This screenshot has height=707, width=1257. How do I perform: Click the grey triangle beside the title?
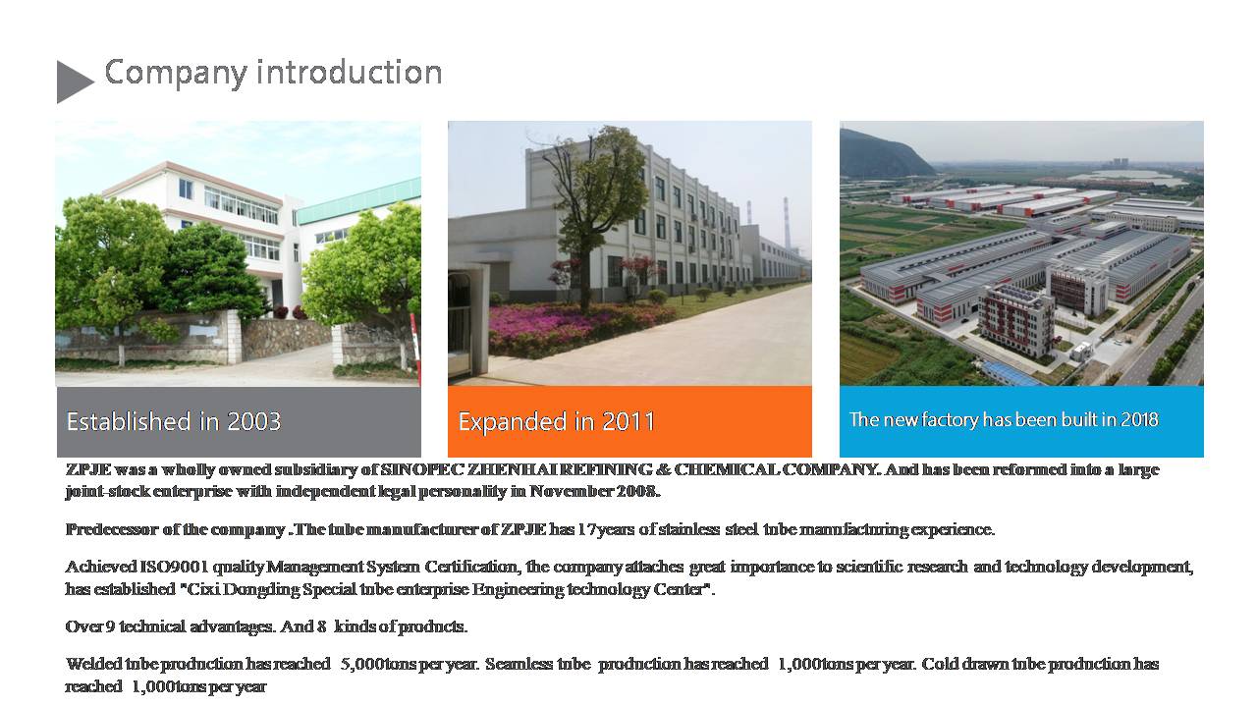click(72, 82)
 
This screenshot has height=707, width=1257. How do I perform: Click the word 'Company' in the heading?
click(176, 74)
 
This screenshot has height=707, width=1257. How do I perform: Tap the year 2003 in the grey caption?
click(253, 421)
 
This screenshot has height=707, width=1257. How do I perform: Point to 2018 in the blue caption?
click(1140, 419)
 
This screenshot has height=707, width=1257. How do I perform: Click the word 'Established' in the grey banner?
click(129, 421)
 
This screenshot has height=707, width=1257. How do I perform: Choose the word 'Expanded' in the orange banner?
click(511, 422)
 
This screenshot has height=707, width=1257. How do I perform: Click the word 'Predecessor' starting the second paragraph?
click(112, 529)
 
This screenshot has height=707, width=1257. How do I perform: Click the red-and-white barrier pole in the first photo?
click(414, 342)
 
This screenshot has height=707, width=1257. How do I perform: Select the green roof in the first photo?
click(359, 200)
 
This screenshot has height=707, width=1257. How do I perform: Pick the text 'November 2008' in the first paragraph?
click(594, 492)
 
